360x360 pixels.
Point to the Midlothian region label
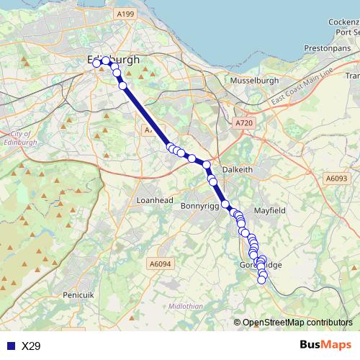click(186, 305)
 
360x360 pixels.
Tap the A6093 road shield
click(336, 178)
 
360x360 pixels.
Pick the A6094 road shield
click(162, 264)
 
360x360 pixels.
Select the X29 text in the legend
click(31, 346)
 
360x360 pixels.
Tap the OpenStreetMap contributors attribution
click(297, 323)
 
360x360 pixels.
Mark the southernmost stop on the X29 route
click(262, 280)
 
